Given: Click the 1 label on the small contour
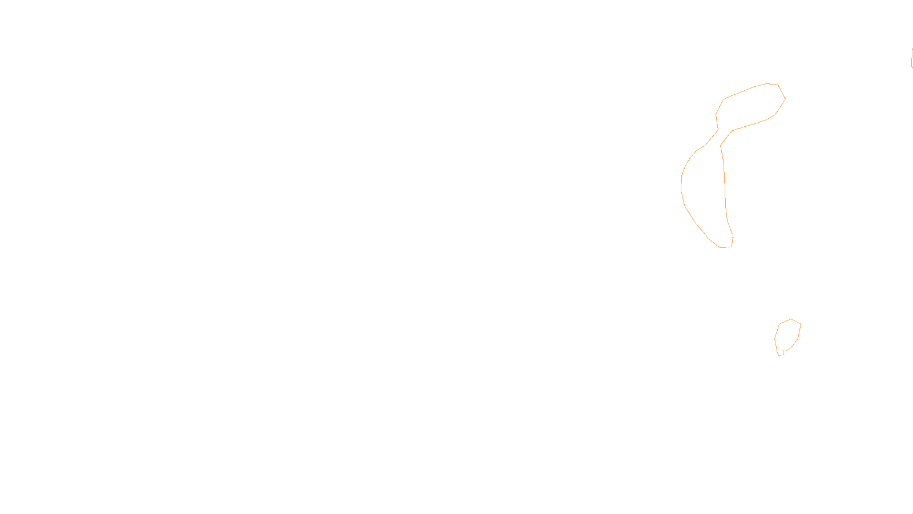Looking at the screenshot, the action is pyautogui.click(x=783, y=353).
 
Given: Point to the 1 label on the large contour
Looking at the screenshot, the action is pyautogui.click(x=733, y=235).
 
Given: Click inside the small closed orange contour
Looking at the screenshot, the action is pyautogui.click(x=787, y=336).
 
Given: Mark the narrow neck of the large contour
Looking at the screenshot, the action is pyautogui.click(x=719, y=138).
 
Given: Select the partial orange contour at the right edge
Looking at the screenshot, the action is pyautogui.click(x=911, y=58).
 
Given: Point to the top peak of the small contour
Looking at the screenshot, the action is pyautogui.click(x=791, y=319).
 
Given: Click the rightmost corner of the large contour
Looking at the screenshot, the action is pyautogui.click(x=785, y=99).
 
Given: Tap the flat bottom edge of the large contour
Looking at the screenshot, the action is pyautogui.click(x=725, y=247).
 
